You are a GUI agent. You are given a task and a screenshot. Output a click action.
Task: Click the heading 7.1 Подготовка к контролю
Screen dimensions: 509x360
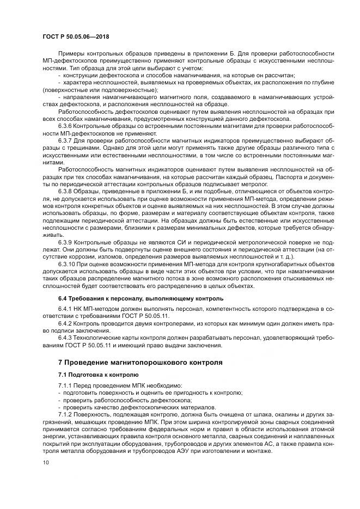(99, 375)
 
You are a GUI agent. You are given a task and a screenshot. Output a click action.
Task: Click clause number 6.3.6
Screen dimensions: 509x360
(66, 126)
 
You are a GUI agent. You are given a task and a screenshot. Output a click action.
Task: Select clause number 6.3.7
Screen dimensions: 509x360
(66, 139)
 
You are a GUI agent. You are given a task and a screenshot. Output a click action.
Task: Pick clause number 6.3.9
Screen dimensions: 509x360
(66, 256)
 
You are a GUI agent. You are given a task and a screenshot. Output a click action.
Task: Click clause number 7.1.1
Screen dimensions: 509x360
(66, 386)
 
